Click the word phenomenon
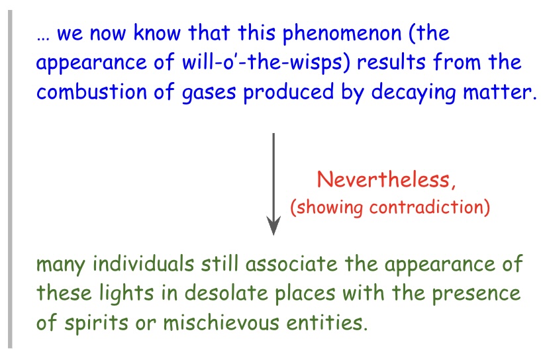pyautogui.click(x=342, y=34)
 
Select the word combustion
pyautogui.click(x=92, y=92)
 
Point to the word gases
pyautogui.click(x=209, y=93)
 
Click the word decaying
pyautogui.click(x=413, y=93)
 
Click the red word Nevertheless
pyautogui.click(x=383, y=179)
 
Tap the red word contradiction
pyautogui.click(x=426, y=207)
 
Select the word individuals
pyautogui.click(x=143, y=263)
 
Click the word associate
pyautogui.click(x=291, y=264)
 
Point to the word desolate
pyautogui.click(x=226, y=293)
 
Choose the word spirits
pyautogui.click(x=96, y=324)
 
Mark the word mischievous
pyautogui.click(x=221, y=322)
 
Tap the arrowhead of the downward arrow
pyautogui.click(x=273, y=226)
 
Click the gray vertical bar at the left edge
pyautogui.click(x=10, y=179)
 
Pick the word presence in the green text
pyautogui.click(x=476, y=294)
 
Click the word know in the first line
pyautogui.click(x=157, y=33)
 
